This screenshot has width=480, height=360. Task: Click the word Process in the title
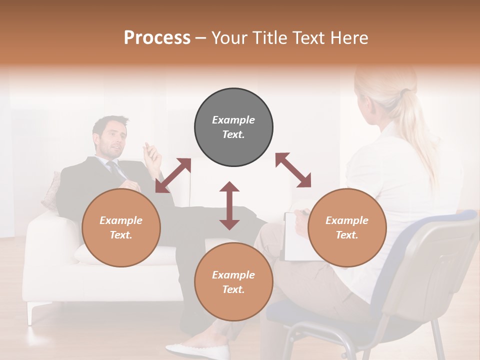pyautogui.click(x=157, y=38)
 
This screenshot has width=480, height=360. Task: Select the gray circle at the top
pyautogui.click(x=233, y=127)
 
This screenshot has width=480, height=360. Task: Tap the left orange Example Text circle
pyautogui.click(x=121, y=227)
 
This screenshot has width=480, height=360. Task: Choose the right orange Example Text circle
pyautogui.click(x=347, y=227)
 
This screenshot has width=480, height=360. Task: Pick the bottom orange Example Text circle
pyautogui.click(x=233, y=282)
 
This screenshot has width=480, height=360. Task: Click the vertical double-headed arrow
pyautogui.click(x=229, y=205)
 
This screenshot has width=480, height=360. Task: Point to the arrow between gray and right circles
pyautogui.click(x=293, y=170)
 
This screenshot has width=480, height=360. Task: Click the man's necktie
pyautogui.click(x=116, y=170)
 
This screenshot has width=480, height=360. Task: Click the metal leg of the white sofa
pyautogui.click(x=31, y=313)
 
